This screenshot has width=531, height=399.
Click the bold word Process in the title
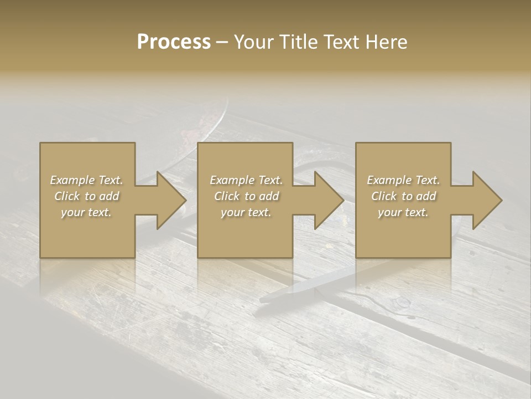click(x=174, y=42)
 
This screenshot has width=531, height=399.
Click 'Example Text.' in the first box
click(x=86, y=180)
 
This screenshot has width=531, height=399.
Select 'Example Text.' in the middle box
click(x=246, y=180)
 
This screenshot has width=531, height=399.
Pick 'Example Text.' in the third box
click(x=403, y=180)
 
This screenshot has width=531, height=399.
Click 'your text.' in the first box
click(x=86, y=212)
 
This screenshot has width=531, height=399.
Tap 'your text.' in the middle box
click(x=246, y=212)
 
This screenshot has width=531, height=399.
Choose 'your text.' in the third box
click(x=403, y=212)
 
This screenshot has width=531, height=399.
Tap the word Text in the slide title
click(x=340, y=42)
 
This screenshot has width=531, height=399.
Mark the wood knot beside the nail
click(x=400, y=303)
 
